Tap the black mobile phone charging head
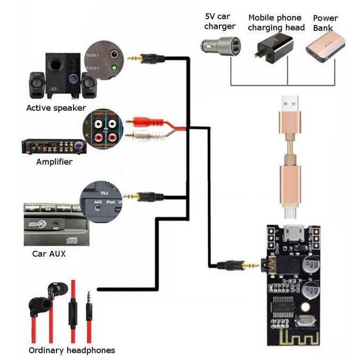click(x=275, y=43)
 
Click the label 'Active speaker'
click(x=56, y=108)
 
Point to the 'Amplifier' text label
click(x=54, y=161)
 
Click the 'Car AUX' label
click(x=49, y=253)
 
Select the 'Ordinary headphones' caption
click(x=71, y=350)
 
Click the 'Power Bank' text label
click(x=325, y=23)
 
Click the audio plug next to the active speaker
click(x=146, y=58)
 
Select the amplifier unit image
click(x=53, y=146)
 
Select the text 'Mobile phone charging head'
click(x=275, y=22)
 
